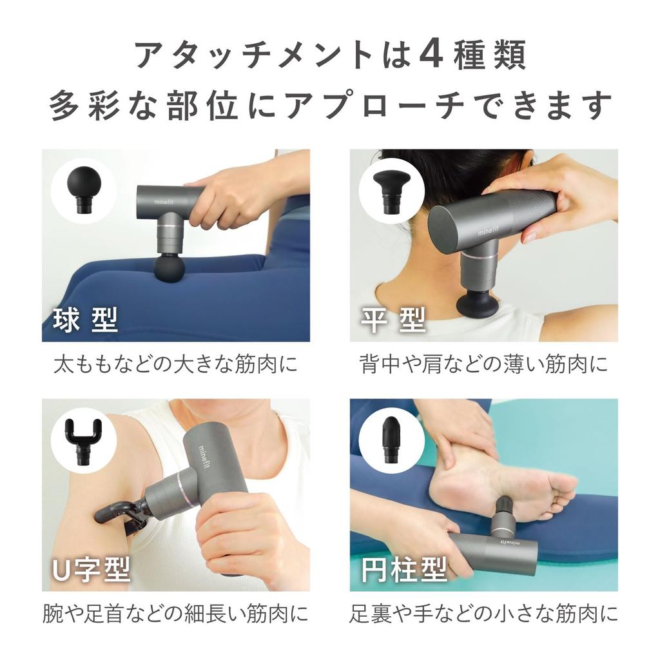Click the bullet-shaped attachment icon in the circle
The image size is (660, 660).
point(391,438)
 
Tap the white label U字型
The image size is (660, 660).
point(91,569)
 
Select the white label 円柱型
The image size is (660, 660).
point(404,569)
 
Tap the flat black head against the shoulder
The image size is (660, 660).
point(476,303)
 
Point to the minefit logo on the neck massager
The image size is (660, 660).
point(491,226)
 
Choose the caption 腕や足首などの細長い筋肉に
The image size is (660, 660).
point(175,612)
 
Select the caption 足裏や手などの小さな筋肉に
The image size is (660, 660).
point(483,612)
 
